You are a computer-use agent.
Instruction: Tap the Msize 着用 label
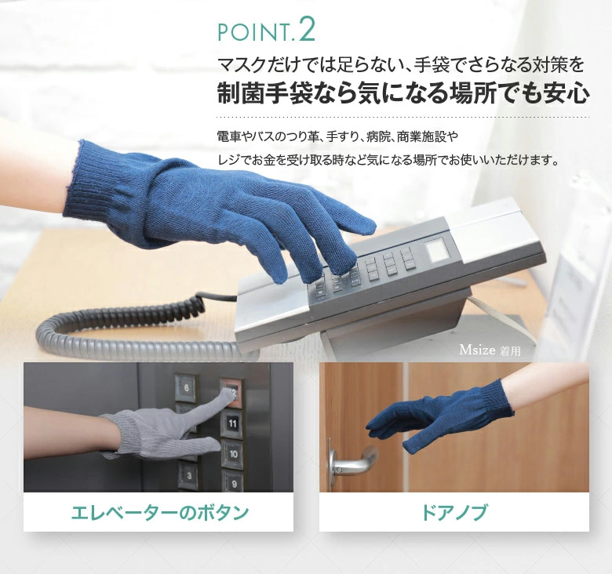(490, 351)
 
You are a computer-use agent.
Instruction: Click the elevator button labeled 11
(232, 423)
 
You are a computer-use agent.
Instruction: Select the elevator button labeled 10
(233, 453)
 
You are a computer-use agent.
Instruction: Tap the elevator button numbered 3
(189, 475)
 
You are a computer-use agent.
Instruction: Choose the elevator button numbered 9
(233, 483)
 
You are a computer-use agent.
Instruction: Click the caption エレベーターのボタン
(159, 512)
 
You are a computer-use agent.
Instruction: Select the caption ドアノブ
(454, 512)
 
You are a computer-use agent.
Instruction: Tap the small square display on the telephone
(438, 251)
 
